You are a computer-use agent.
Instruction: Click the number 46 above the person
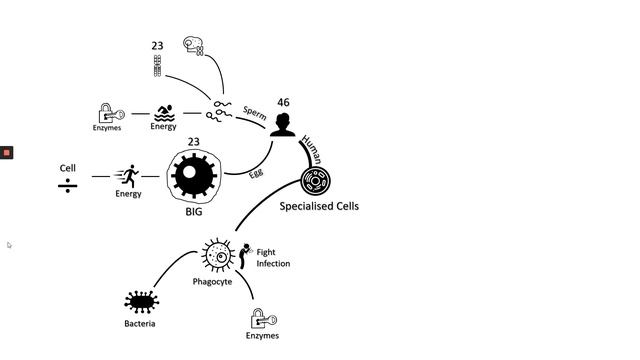(283, 102)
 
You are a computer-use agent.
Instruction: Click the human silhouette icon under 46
(283, 125)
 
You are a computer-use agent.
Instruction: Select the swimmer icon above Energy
(164, 112)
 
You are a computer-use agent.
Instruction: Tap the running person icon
(127, 176)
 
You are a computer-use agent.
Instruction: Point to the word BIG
(194, 212)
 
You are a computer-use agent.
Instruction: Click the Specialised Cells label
(318, 206)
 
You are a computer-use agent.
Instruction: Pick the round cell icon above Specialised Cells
(317, 181)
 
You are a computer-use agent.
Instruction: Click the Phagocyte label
(212, 282)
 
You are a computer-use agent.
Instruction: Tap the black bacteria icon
(140, 301)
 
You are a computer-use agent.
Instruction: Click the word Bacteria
(140, 324)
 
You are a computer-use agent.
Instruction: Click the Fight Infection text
(273, 258)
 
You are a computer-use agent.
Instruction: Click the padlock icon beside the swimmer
(108, 113)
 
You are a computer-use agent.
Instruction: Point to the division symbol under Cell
(67, 185)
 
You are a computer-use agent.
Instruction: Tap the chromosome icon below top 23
(157, 66)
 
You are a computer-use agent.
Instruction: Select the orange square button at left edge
(6, 152)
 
